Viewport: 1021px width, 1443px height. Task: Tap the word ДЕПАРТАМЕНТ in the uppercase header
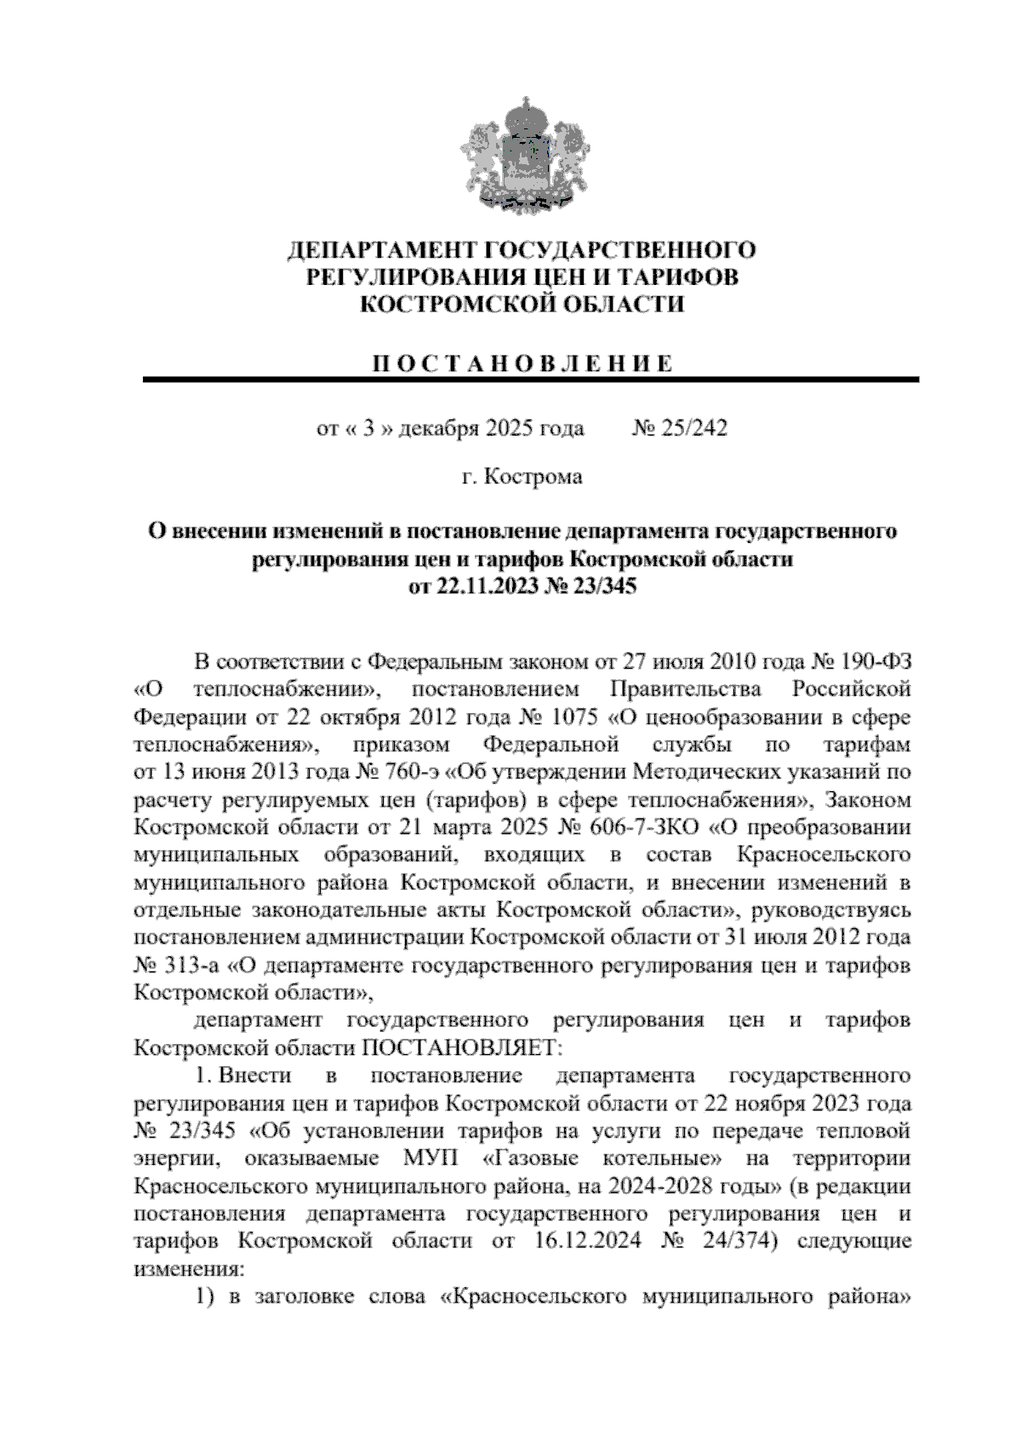pyautogui.click(x=380, y=251)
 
